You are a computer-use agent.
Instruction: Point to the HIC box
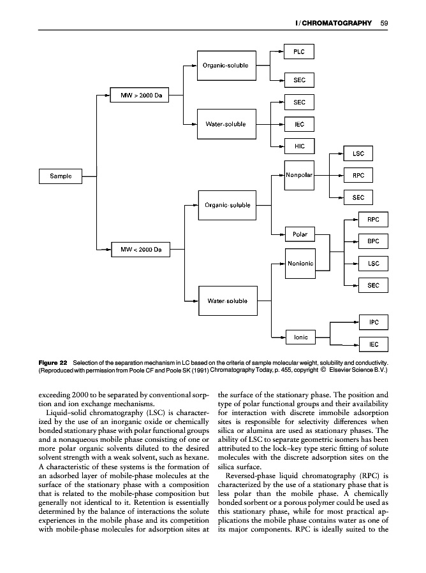click(x=298, y=146)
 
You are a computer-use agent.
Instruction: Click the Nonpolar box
click(x=298, y=175)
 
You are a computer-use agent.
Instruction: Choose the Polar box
click(x=299, y=234)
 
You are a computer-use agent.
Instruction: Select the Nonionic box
click(x=298, y=263)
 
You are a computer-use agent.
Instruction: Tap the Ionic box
click(x=300, y=337)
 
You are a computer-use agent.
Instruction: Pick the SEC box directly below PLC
click(x=298, y=80)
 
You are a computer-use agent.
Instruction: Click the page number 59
click(x=384, y=24)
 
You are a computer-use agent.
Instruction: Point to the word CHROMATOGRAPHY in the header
click(x=336, y=24)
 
